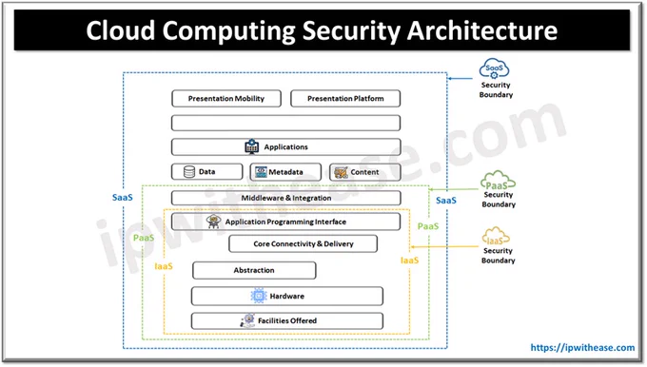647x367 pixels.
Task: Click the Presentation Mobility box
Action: [x=226, y=99]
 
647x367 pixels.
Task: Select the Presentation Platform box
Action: [x=345, y=99]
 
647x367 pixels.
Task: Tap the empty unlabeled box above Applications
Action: [x=286, y=123]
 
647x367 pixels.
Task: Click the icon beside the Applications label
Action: [x=252, y=146]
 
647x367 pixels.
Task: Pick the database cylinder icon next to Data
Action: [x=189, y=171]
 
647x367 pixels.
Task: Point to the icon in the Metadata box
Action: [x=261, y=172]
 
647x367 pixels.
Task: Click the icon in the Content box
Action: [x=341, y=172]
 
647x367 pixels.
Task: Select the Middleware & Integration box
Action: [x=286, y=198]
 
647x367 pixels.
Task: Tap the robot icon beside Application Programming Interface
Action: [x=214, y=222]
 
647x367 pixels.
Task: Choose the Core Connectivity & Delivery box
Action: [x=303, y=243]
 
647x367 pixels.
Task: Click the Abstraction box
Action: [x=254, y=270]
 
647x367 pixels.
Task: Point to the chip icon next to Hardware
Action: [x=259, y=296]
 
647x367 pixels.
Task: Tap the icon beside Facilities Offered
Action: [x=248, y=320]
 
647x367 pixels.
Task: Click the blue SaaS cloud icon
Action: [x=494, y=68]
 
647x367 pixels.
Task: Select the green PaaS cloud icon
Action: [x=498, y=181]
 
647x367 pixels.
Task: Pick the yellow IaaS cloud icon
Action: [x=496, y=237]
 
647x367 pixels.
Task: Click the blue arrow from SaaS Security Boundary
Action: [x=461, y=78]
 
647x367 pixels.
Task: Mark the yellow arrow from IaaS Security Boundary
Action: [x=445, y=247]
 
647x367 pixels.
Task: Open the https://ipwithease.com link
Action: [x=582, y=348]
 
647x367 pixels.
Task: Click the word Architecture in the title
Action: [x=482, y=30]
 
